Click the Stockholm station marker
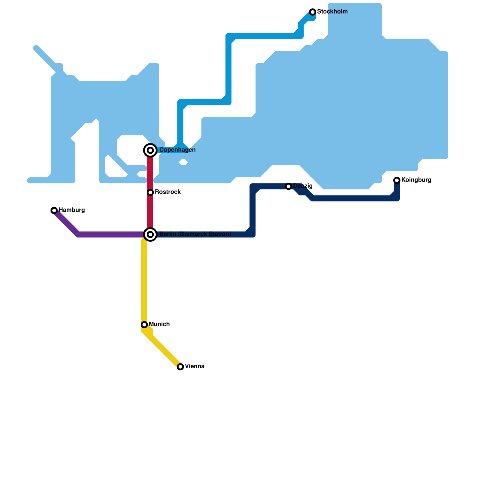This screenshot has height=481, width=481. tap(313, 12)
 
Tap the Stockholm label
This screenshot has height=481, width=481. tap(332, 12)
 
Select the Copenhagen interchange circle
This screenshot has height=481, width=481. tap(150, 150)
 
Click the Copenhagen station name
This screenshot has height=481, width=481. tap(177, 150)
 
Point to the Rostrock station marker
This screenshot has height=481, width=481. tap(150, 192)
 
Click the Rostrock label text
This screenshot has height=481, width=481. tap(168, 192)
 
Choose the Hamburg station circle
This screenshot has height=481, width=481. tap(54, 210)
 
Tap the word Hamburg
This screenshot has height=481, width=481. tap(72, 210)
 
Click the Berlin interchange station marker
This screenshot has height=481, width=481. tap(150, 234)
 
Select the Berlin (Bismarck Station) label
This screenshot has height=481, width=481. tap(195, 234)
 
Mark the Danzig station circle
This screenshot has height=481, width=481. tap(289, 186)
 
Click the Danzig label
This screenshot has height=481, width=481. tap(303, 186)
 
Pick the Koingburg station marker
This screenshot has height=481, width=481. tap(397, 180)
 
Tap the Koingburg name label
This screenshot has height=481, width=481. tap(416, 180)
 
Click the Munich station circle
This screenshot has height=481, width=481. tap(144, 325)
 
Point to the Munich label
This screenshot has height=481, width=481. tap(159, 324)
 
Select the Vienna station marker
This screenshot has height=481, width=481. tap(180, 367)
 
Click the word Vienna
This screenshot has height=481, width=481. tap(195, 366)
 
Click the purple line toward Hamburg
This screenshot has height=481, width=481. tap(108, 234)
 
